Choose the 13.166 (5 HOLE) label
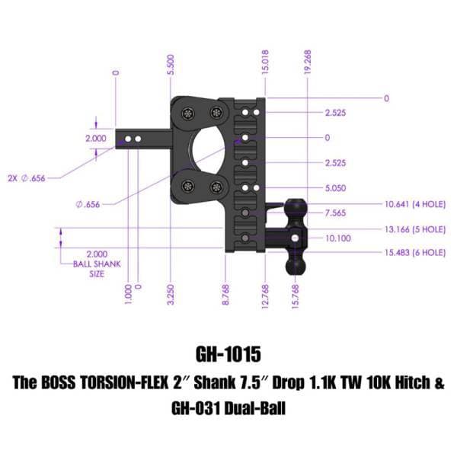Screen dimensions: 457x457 (x=414, y=228)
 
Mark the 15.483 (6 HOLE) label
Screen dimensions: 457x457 (x=414, y=252)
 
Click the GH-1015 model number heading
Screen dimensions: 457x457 (x=228, y=355)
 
